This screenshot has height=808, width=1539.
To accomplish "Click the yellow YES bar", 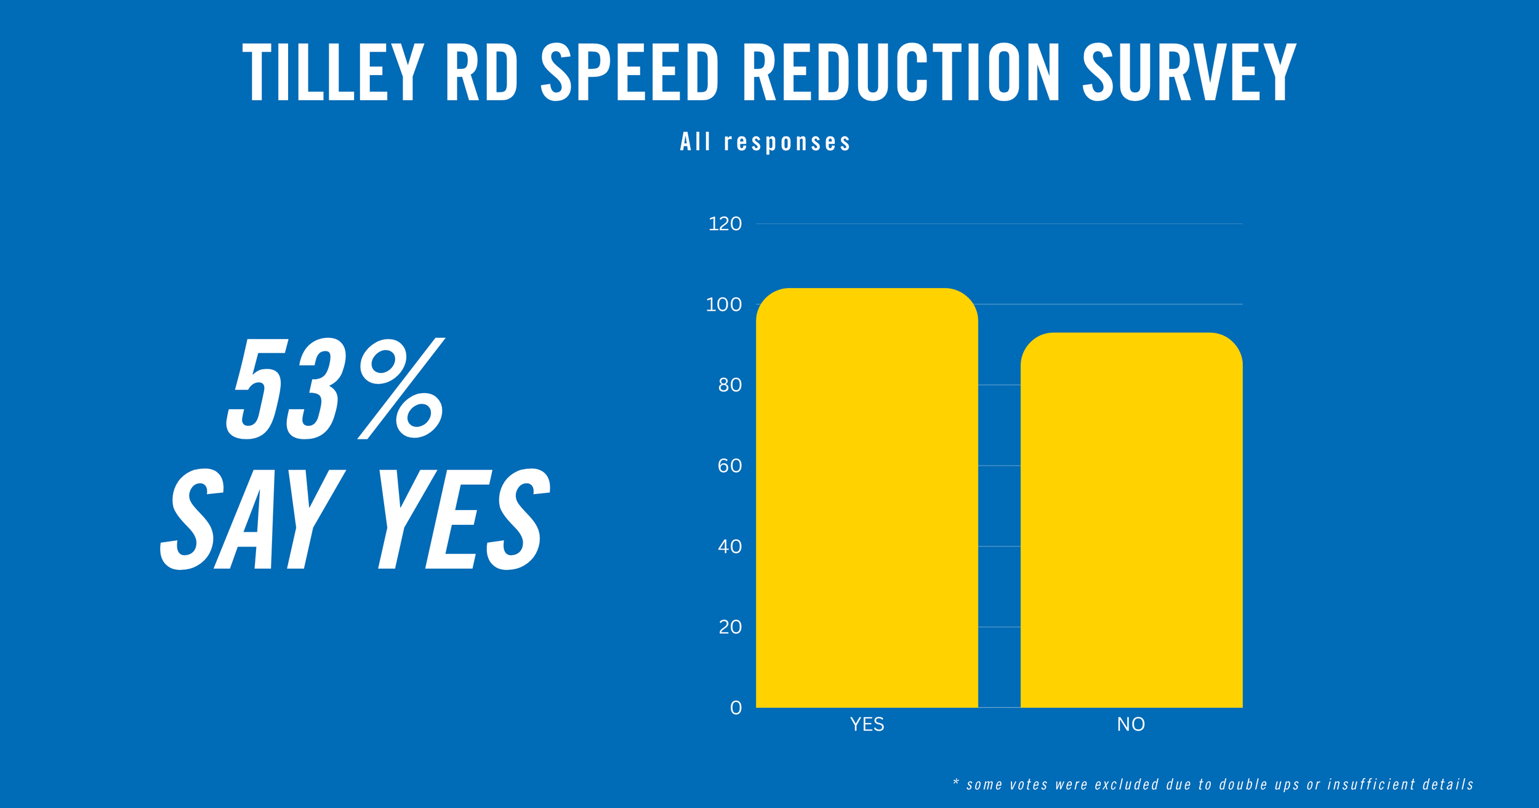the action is (x=867, y=498).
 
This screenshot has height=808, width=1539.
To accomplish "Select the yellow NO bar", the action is (x=1131, y=520).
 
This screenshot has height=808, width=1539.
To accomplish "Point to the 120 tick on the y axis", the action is (x=725, y=224).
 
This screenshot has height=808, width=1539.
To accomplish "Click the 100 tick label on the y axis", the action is (x=724, y=305).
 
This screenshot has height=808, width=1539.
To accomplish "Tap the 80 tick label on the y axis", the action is (x=730, y=385).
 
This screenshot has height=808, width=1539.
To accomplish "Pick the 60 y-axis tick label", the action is (x=730, y=466).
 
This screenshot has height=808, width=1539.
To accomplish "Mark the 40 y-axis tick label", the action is (x=730, y=546).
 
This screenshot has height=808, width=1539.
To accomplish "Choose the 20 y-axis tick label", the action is (x=730, y=627).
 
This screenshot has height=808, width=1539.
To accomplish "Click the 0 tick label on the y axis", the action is (x=736, y=708).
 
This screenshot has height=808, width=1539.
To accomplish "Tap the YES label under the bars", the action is (x=867, y=724).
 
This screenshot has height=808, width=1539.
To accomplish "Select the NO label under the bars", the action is (x=1131, y=724).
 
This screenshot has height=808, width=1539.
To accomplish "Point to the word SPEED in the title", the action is (x=630, y=72).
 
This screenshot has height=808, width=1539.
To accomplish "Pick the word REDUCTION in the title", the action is (x=902, y=72).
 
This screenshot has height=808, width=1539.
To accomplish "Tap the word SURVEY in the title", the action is (x=1189, y=72).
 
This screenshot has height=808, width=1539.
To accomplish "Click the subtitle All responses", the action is (x=766, y=142).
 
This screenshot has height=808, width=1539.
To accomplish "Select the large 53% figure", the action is (x=336, y=388).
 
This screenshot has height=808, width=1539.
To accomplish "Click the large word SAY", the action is (x=252, y=519).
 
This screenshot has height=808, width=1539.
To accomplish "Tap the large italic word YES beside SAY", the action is (x=464, y=519).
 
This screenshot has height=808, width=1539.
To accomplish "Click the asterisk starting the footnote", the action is (x=956, y=782).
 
